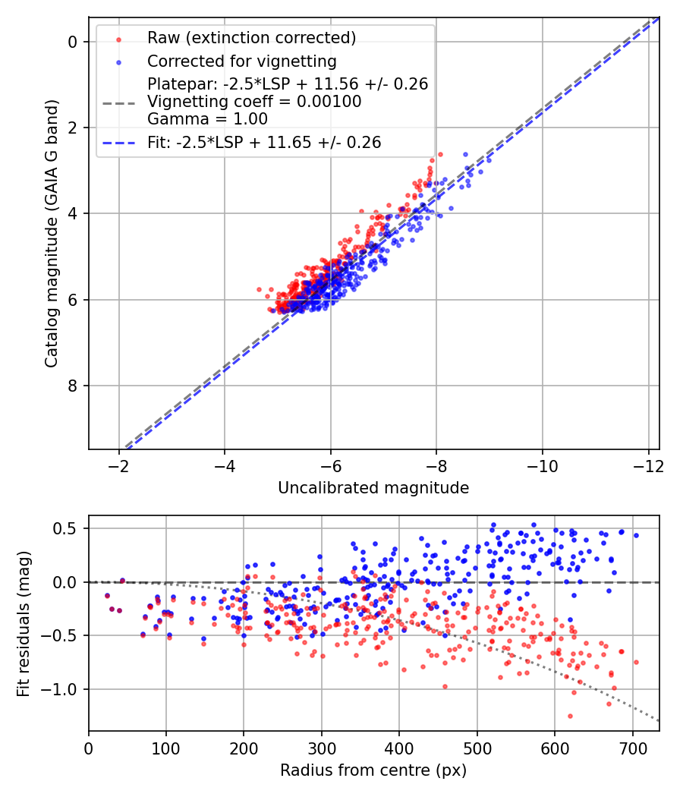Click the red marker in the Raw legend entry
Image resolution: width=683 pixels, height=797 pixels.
(x=118, y=38)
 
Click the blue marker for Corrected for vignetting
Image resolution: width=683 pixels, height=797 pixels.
(x=118, y=61)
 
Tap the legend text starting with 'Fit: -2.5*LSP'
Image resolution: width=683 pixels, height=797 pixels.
(x=264, y=142)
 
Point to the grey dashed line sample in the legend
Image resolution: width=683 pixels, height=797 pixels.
(x=118, y=101)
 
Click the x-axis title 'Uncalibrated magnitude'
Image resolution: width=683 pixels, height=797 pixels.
(x=373, y=488)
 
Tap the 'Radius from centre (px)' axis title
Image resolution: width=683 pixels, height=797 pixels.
(x=373, y=770)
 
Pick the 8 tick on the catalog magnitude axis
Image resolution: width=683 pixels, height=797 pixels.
(x=73, y=386)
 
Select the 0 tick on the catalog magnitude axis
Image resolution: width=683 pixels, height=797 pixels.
(x=73, y=42)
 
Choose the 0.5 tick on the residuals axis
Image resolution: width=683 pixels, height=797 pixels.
(x=69, y=528)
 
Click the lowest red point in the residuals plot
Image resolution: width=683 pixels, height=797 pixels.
(x=570, y=716)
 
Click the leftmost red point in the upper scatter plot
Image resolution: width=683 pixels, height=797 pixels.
(x=259, y=289)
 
